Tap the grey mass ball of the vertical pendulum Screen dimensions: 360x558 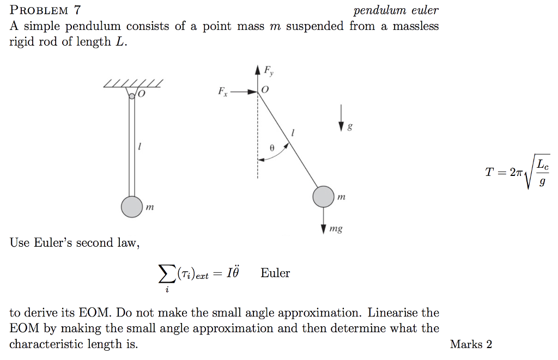click(x=132, y=206)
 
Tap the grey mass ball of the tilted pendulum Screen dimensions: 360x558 click(x=323, y=197)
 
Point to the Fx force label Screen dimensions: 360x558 click(x=222, y=91)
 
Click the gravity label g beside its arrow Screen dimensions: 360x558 click(x=350, y=127)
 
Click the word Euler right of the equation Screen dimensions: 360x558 click(x=275, y=273)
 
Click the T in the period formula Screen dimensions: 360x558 click(x=490, y=173)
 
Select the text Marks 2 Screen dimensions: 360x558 click(x=471, y=344)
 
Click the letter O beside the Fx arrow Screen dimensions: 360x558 click(x=265, y=90)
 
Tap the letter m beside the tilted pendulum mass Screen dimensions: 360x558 click(x=342, y=196)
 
